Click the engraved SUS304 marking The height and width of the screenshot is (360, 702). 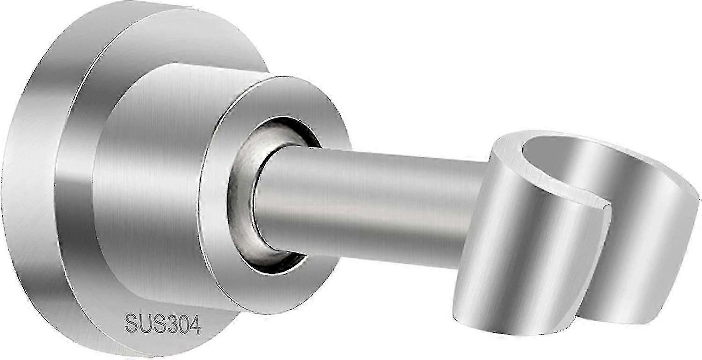163,323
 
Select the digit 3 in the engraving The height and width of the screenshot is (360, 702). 170,323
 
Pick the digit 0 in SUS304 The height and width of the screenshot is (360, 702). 183,324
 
